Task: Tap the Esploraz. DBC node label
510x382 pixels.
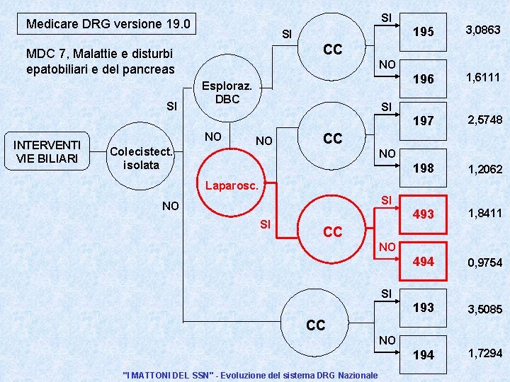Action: (x=227, y=93)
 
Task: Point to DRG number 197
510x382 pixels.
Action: (x=424, y=121)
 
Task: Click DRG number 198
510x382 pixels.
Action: (x=424, y=168)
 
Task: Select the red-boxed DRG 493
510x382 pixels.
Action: (x=424, y=214)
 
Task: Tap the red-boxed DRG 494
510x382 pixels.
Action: (x=424, y=261)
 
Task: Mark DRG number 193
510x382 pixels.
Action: (x=424, y=308)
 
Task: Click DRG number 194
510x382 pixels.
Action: (x=424, y=354)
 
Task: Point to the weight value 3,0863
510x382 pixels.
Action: (x=482, y=30)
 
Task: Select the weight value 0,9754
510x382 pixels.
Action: (x=484, y=262)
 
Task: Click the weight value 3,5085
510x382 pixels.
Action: (x=484, y=309)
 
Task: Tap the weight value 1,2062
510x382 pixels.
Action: (x=484, y=169)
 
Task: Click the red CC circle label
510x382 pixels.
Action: (x=332, y=231)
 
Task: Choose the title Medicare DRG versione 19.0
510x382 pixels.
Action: (x=108, y=24)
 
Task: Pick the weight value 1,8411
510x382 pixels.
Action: (x=484, y=212)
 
